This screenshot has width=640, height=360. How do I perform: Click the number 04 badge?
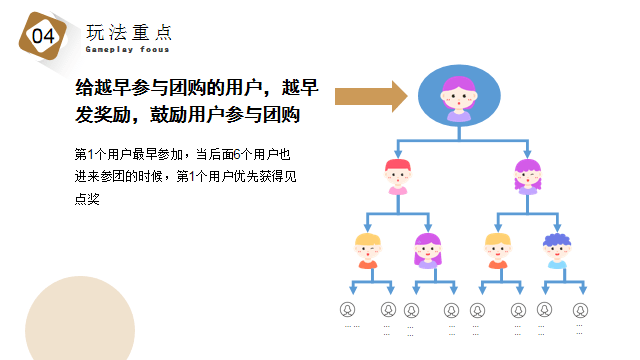(44, 36)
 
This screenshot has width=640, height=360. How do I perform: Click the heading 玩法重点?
(129, 30)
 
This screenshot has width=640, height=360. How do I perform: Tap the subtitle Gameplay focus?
(127, 49)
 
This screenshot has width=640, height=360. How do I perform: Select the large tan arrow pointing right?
(371, 97)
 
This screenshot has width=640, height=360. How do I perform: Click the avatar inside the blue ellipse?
(458, 98)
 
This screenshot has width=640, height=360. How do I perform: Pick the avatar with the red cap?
(397, 176)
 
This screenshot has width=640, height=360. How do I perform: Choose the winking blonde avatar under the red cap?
(368, 250)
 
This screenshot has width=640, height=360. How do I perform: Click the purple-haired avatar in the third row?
(427, 250)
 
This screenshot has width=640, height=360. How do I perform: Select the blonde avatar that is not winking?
(497, 250)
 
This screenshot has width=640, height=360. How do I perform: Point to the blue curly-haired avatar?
(556, 250)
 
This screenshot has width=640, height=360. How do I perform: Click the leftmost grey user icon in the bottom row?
(348, 309)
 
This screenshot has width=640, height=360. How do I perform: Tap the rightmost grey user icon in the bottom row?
(579, 309)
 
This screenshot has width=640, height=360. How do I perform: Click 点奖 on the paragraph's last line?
(88, 198)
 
